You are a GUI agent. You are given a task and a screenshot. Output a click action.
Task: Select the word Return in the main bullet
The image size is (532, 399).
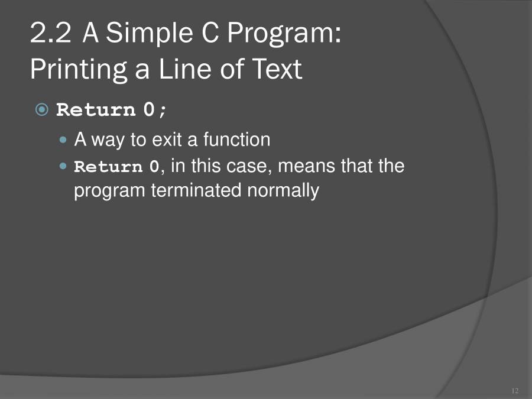click(96, 111)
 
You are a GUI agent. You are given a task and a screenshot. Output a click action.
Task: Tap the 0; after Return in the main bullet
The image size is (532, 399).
click(155, 111)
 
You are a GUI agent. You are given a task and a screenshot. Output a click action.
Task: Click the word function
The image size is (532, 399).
click(236, 140)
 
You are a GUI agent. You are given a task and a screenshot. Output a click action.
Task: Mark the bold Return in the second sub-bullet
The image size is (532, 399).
click(108, 167)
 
